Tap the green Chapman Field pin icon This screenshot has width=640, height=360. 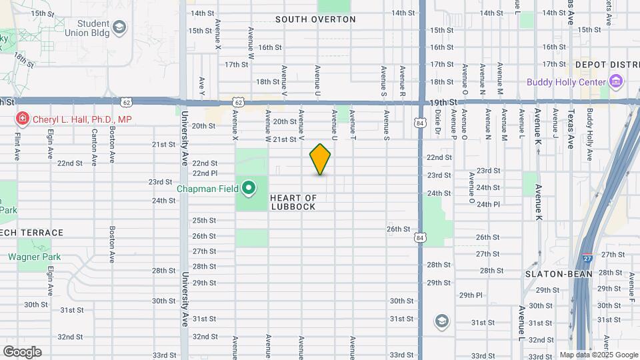(249, 189)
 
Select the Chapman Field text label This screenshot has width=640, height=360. (207, 189)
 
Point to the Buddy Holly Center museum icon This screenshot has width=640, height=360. (616, 83)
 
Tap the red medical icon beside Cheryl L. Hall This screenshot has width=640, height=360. (22, 119)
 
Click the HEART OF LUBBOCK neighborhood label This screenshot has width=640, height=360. (293, 202)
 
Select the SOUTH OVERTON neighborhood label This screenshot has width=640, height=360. (315, 19)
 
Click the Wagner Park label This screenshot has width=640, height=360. (34, 257)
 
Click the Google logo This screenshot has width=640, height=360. (22, 351)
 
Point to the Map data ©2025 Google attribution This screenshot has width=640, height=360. (598, 355)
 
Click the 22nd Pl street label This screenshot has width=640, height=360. (205, 173)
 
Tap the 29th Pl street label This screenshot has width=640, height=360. (471, 295)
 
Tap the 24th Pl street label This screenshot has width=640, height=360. (488, 204)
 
